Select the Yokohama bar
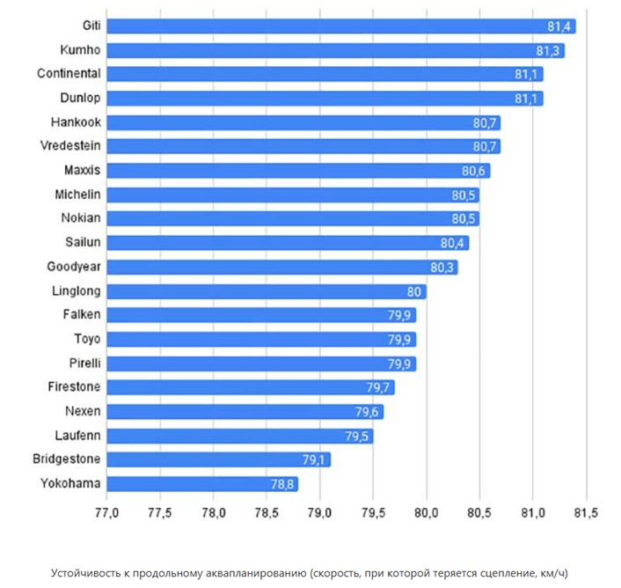pos(202,483)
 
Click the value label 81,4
pos(560,26)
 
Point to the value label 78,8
pos(282,483)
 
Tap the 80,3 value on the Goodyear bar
pos(442,267)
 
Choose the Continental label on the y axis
pos(69,74)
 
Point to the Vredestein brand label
pos(70,146)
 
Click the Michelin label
pos(77,194)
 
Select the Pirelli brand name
pos(84,363)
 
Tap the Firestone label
pos(74,386)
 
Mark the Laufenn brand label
pos(77,435)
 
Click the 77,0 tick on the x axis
pos(106,513)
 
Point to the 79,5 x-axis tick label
pos(373,513)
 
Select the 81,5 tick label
pos(586,513)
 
